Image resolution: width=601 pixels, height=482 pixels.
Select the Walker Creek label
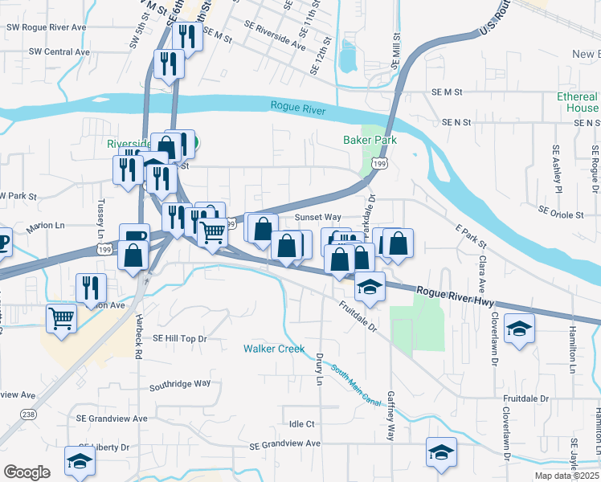[x=274, y=349]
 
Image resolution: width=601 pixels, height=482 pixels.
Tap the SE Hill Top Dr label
[x=180, y=338]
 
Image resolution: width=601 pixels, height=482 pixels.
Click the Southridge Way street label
[x=180, y=384]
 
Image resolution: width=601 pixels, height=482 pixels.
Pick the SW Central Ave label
[x=59, y=51]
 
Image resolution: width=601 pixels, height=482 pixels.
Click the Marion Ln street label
[x=45, y=228]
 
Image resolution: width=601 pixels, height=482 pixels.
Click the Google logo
[x=27, y=472]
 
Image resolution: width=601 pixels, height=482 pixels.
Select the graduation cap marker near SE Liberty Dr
[x=80, y=460]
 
